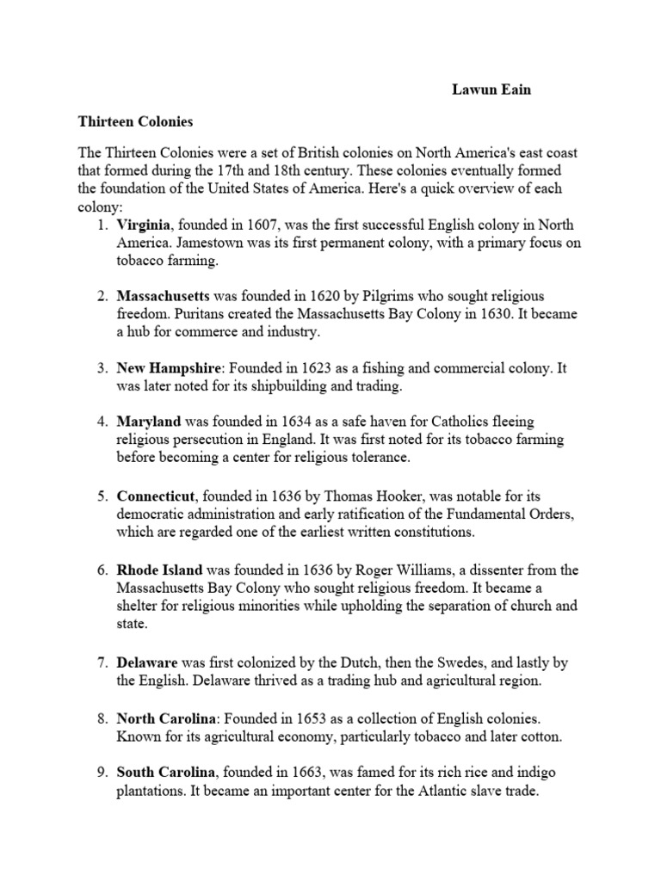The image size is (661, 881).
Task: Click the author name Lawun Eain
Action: click(x=491, y=89)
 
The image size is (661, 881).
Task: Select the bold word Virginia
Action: click(x=145, y=225)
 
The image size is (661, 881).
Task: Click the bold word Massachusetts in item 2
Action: click(x=164, y=296)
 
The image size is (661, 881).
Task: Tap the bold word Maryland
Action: click(x=149, y=422)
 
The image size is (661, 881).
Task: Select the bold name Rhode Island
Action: click(x=160, y=570)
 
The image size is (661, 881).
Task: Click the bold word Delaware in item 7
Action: click(x=147, y=662)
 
